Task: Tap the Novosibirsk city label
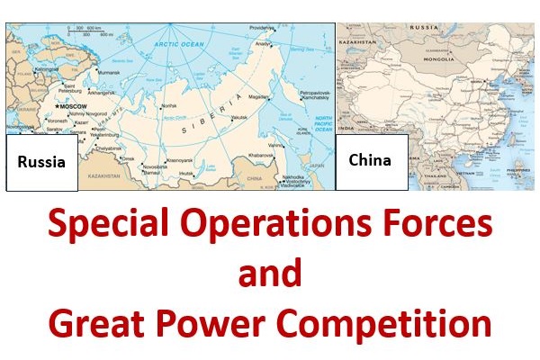click(x=156, y=166)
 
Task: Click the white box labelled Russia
click(x=41, y=163)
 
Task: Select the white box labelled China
click(x=370, y=160)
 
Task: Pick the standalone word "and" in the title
click(x=269, y=274)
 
